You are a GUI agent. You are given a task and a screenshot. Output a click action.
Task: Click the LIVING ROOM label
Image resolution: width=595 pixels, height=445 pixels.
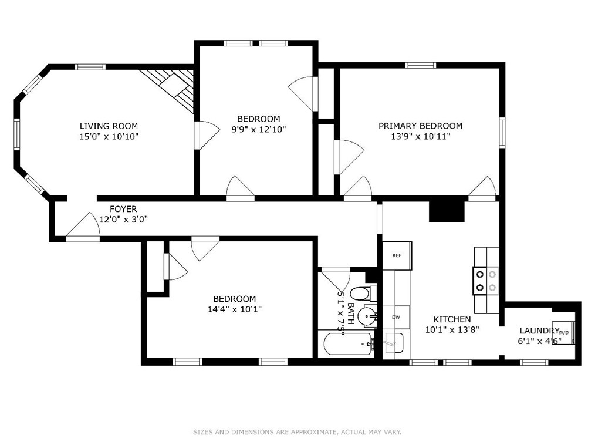(109, 126)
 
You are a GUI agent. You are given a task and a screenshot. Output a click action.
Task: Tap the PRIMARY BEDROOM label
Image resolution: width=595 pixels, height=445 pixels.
(420, 126)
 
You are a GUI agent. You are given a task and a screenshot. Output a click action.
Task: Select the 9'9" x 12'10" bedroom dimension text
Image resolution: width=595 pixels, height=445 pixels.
(258, 129)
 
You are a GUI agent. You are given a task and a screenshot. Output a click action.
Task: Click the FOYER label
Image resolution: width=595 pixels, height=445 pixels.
(123, 209)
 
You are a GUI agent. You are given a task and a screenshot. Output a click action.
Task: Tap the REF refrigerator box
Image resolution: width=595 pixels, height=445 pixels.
(397, 256)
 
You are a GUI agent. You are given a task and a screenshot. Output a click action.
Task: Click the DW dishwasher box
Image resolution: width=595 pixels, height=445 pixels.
(396, 317)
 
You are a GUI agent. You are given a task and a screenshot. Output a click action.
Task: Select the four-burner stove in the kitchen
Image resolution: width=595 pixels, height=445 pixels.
(486, 280)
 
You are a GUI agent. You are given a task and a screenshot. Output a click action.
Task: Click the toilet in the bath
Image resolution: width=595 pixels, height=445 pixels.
(360, 293)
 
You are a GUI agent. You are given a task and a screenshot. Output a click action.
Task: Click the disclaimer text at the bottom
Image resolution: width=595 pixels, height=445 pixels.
(297, 432)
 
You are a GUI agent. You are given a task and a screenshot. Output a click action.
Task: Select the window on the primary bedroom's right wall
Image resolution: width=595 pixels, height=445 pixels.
(502, 132)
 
